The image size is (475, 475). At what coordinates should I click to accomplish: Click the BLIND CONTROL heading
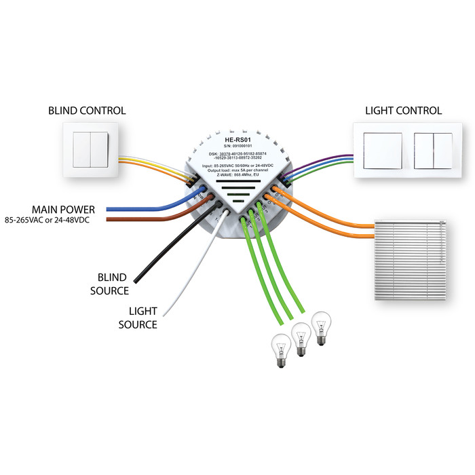[x=87, y=111]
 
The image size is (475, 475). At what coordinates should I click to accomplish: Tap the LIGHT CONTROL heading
[x=403, y=111]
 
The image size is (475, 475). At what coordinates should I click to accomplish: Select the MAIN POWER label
[x=62, y=209]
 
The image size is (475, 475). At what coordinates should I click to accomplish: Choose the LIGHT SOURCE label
[x=138, y=318]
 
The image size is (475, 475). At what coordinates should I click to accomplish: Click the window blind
[x=413, y=259]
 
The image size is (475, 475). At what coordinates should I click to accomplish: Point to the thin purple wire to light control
[x=326, y=164]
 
